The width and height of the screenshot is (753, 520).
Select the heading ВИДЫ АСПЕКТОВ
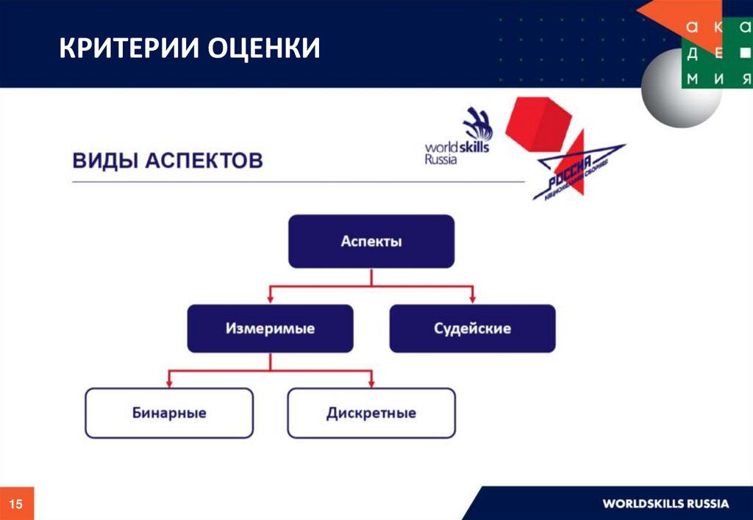pos(167,161)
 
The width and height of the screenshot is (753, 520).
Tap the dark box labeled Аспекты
pos(371,241)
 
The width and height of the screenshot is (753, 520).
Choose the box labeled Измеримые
pos(270,328)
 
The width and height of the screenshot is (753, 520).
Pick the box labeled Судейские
pos(472,328)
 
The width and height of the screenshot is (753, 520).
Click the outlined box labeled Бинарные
pos(169,413)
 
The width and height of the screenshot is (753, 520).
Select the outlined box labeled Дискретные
pos(371,413)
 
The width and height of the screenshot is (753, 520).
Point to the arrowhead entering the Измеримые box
pos(270,298)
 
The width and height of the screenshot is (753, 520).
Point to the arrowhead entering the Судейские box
pos(472,298)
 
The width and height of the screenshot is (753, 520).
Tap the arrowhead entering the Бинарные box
pos(169,383)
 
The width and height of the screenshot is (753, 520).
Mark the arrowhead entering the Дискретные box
pos(371,383)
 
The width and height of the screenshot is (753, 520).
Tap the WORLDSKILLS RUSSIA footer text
pos(665,504)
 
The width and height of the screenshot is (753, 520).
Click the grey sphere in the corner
pos(669,92)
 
